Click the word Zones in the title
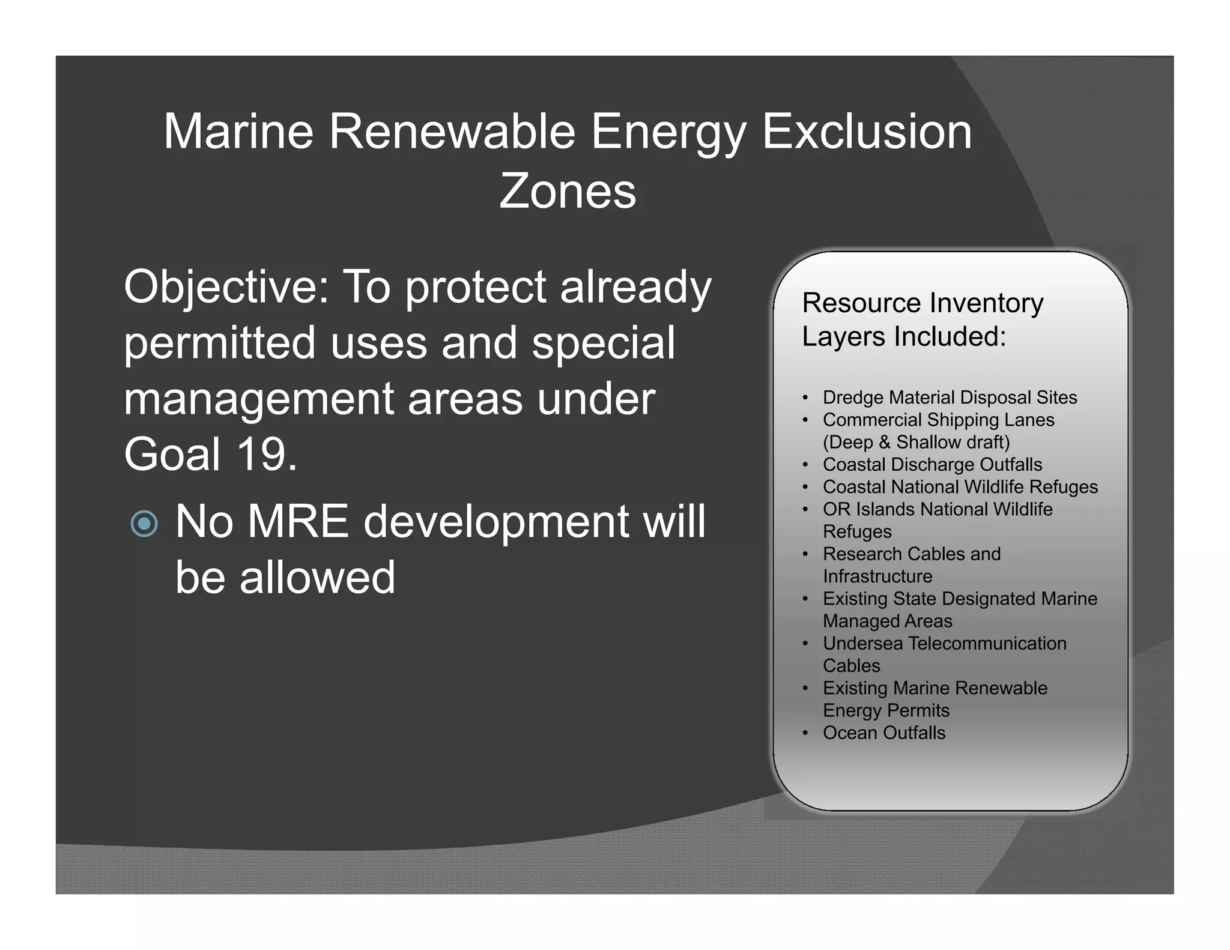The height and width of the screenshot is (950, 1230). click(567, 192)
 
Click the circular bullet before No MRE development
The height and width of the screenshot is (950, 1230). click(144, 524)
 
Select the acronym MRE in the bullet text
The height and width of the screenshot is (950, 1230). click(298, 521)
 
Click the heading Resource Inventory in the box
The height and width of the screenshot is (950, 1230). click(922, 303)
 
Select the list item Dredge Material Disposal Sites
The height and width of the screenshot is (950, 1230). click(950, 398)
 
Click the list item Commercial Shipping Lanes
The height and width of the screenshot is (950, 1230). click(938, 420)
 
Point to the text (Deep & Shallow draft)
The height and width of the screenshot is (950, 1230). click(916, 442)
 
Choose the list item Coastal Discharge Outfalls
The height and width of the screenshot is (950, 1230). click(932, 465)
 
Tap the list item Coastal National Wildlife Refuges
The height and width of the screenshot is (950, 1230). click(960, 487)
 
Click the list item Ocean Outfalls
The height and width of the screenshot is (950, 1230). click(883, 733)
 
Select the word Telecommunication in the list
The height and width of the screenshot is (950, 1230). click(987, 644)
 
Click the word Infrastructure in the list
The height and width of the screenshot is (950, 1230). click(877, 576)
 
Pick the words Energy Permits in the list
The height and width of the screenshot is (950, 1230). click(886, 711)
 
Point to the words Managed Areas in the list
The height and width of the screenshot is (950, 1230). click(887, 622)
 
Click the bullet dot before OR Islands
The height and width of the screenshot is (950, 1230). click(805, 509)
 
